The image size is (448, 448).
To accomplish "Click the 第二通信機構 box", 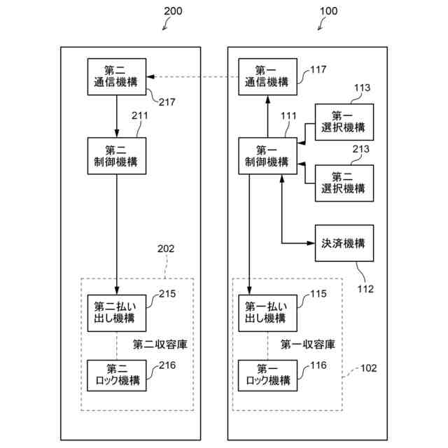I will pos(116,76).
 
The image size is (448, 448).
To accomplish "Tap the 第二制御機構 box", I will pos(116,156).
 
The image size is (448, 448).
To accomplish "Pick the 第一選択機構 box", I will pos(344,122).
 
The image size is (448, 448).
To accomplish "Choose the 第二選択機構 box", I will pos(344,183).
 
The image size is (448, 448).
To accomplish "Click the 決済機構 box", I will pos(344,244).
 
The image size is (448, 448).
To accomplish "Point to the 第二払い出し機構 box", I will pos(116,312).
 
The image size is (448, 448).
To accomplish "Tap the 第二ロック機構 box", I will pos(116,375).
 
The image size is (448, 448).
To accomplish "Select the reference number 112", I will pos(365,287).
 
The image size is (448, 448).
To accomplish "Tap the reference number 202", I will pos(166,248).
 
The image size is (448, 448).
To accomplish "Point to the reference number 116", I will pos(318,365).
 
